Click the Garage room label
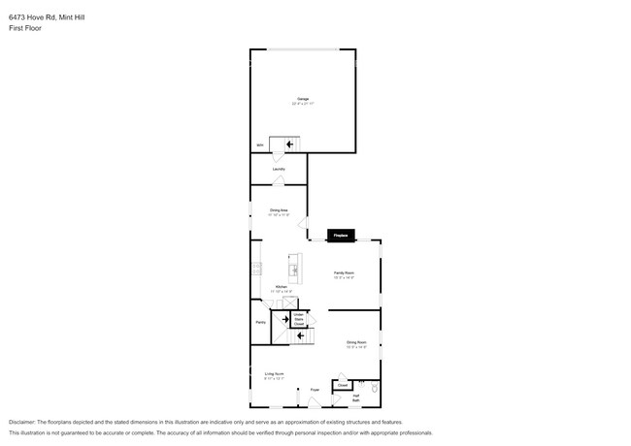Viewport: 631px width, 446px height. click(x=302, y=99)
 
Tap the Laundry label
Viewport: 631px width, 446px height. click(x=279, y=169)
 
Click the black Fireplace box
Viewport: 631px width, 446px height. click(x=341, y=235)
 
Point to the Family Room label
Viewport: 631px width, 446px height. click(x=344, y=274)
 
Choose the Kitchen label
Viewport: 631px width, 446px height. click(x=281, y=287)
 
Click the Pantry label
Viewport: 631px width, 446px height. click(x=260, y=322)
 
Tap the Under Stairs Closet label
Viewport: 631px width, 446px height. click(x=300, y=319)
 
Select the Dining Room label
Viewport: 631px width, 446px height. click(x=356, y=342)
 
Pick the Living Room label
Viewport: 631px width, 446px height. click(x=274, y=373)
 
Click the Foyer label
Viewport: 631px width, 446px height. click(x=315, y=390)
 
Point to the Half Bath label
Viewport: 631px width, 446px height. click(x=356, y=398)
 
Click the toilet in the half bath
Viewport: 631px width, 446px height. click(x=375, y=387)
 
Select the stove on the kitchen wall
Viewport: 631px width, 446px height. click(x=255, y=269)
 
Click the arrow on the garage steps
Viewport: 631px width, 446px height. click(x=289, y=144)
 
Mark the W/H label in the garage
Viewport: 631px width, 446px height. click(x=259, y=145)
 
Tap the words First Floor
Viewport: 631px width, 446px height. click(x=25, y=28)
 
